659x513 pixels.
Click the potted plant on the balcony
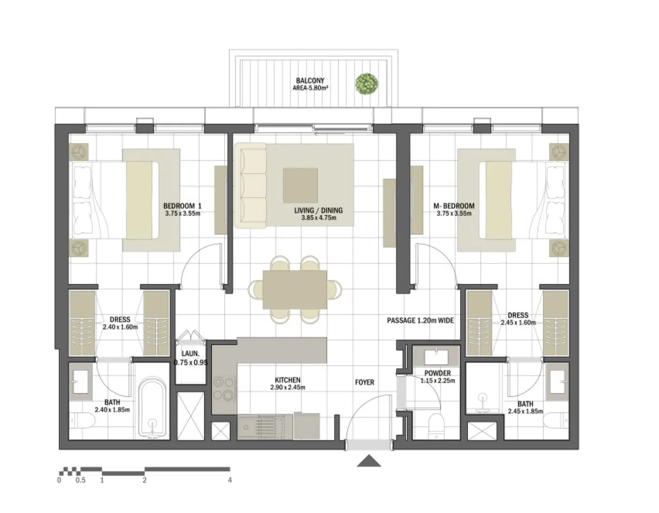pos(366,84)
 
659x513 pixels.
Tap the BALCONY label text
pos(310,81)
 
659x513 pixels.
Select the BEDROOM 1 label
pos(182,206)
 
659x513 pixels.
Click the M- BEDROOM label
pos(453,206)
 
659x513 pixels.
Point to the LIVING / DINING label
pos(318,210)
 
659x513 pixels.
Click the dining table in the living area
pos(295,289)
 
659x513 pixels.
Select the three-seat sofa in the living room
pos(250,186)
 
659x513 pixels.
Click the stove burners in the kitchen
pos(223,388)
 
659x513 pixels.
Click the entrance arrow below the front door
pos(369,460)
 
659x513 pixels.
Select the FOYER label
pos(364,382)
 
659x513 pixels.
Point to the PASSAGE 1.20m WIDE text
pos(420,320)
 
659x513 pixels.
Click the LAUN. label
pos(190,354)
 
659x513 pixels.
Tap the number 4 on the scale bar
pos(230,480)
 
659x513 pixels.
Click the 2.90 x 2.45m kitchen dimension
pos(288,388)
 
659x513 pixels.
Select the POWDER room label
pos(437,373)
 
